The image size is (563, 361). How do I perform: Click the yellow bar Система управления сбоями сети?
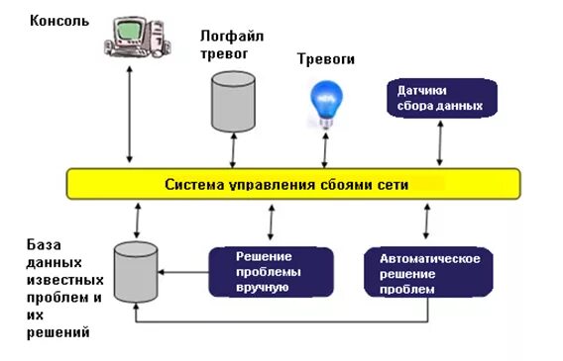pos(292,184)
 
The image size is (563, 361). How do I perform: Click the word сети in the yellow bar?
pos(393,184)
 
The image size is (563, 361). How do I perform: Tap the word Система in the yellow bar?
pos(192,184)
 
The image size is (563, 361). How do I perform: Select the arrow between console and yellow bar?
pos(130,114)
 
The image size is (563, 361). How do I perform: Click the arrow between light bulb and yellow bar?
pos(322,150)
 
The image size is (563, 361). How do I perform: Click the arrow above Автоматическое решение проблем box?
pos(427,223)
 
